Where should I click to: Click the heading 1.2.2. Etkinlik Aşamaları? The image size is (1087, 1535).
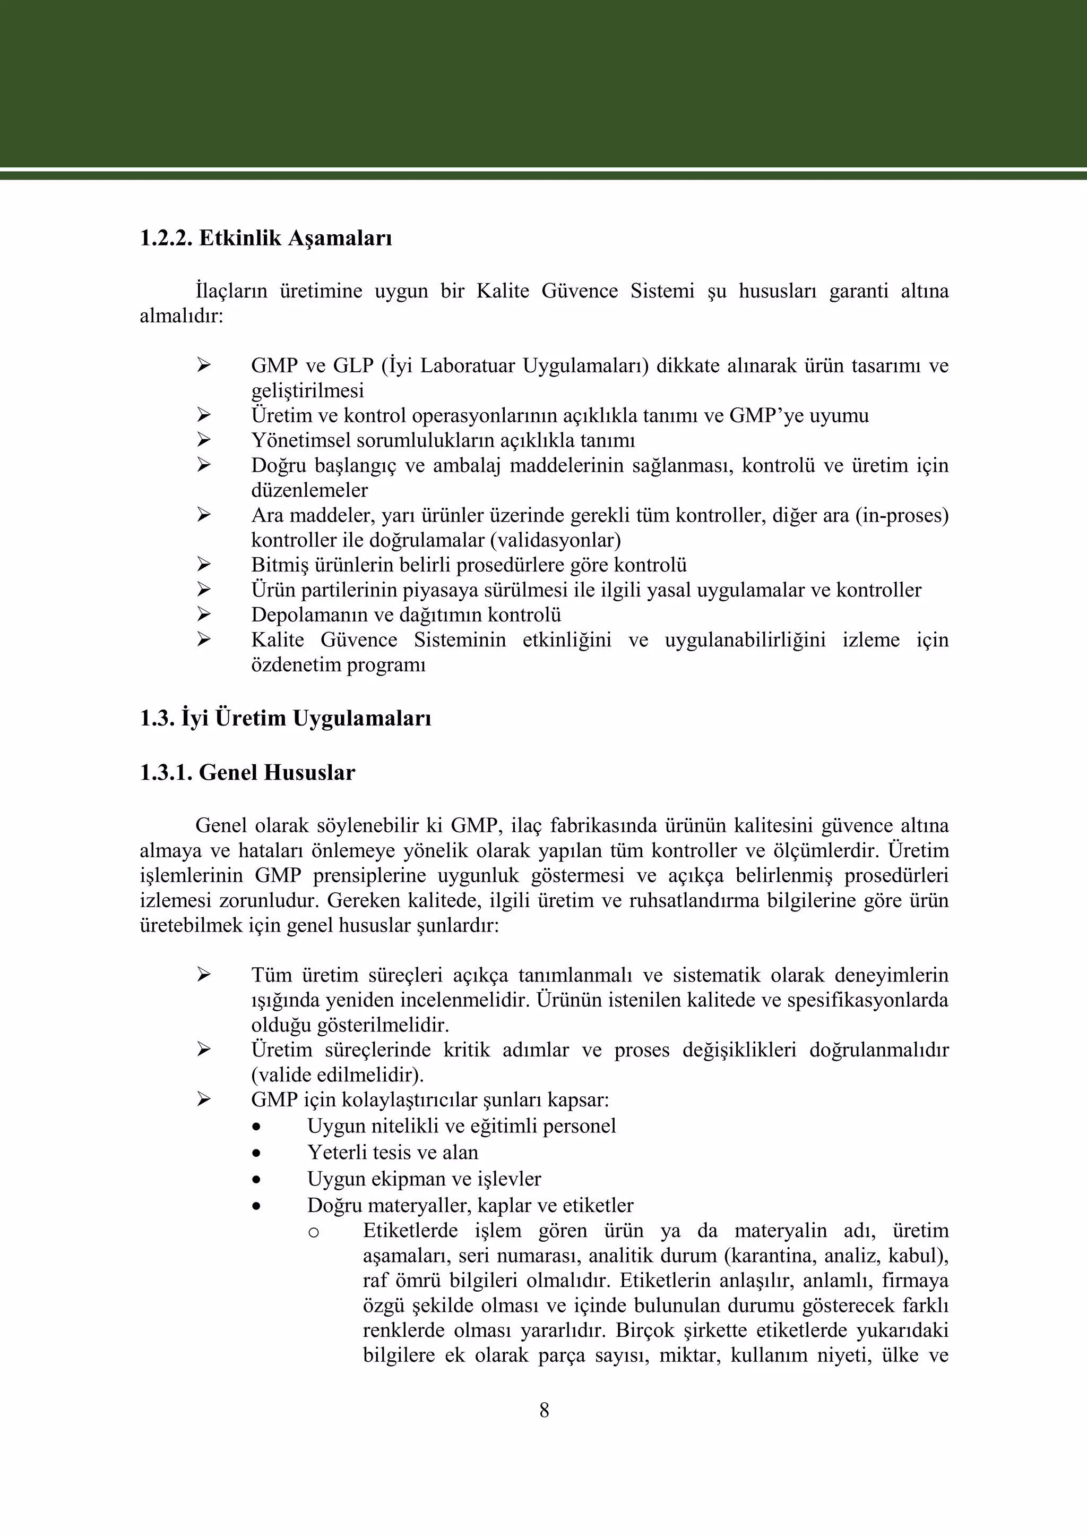[266, 238]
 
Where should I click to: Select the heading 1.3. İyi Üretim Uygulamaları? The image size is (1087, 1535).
[285, 719]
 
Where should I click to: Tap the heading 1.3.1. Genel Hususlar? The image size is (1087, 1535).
[247, 773]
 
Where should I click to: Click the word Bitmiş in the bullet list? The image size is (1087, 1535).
[280, 565]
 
